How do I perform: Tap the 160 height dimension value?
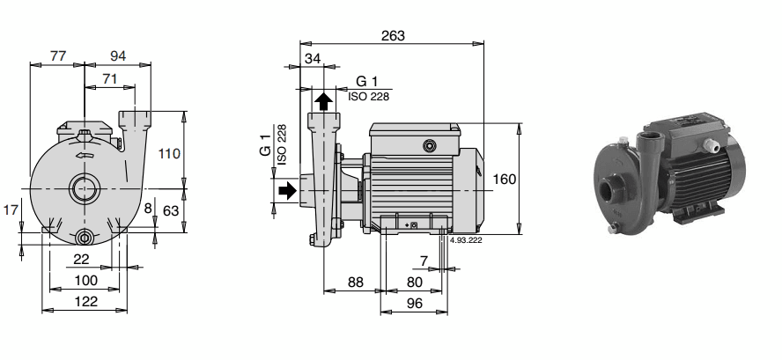click(505, 179)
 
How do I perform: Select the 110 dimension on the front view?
click(169, 153)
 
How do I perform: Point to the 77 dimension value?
click(58, 55)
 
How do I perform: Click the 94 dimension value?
click(118, 55)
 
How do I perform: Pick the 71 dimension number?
click(111, 79)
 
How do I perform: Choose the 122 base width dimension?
click(85, 301)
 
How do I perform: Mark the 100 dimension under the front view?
click(85, 280)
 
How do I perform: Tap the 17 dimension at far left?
click(10, 211)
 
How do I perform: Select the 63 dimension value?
click(171, 212)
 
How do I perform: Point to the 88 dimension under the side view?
click(354, 283)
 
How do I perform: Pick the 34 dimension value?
click(312, 59)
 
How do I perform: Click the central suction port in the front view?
click(85, 188)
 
